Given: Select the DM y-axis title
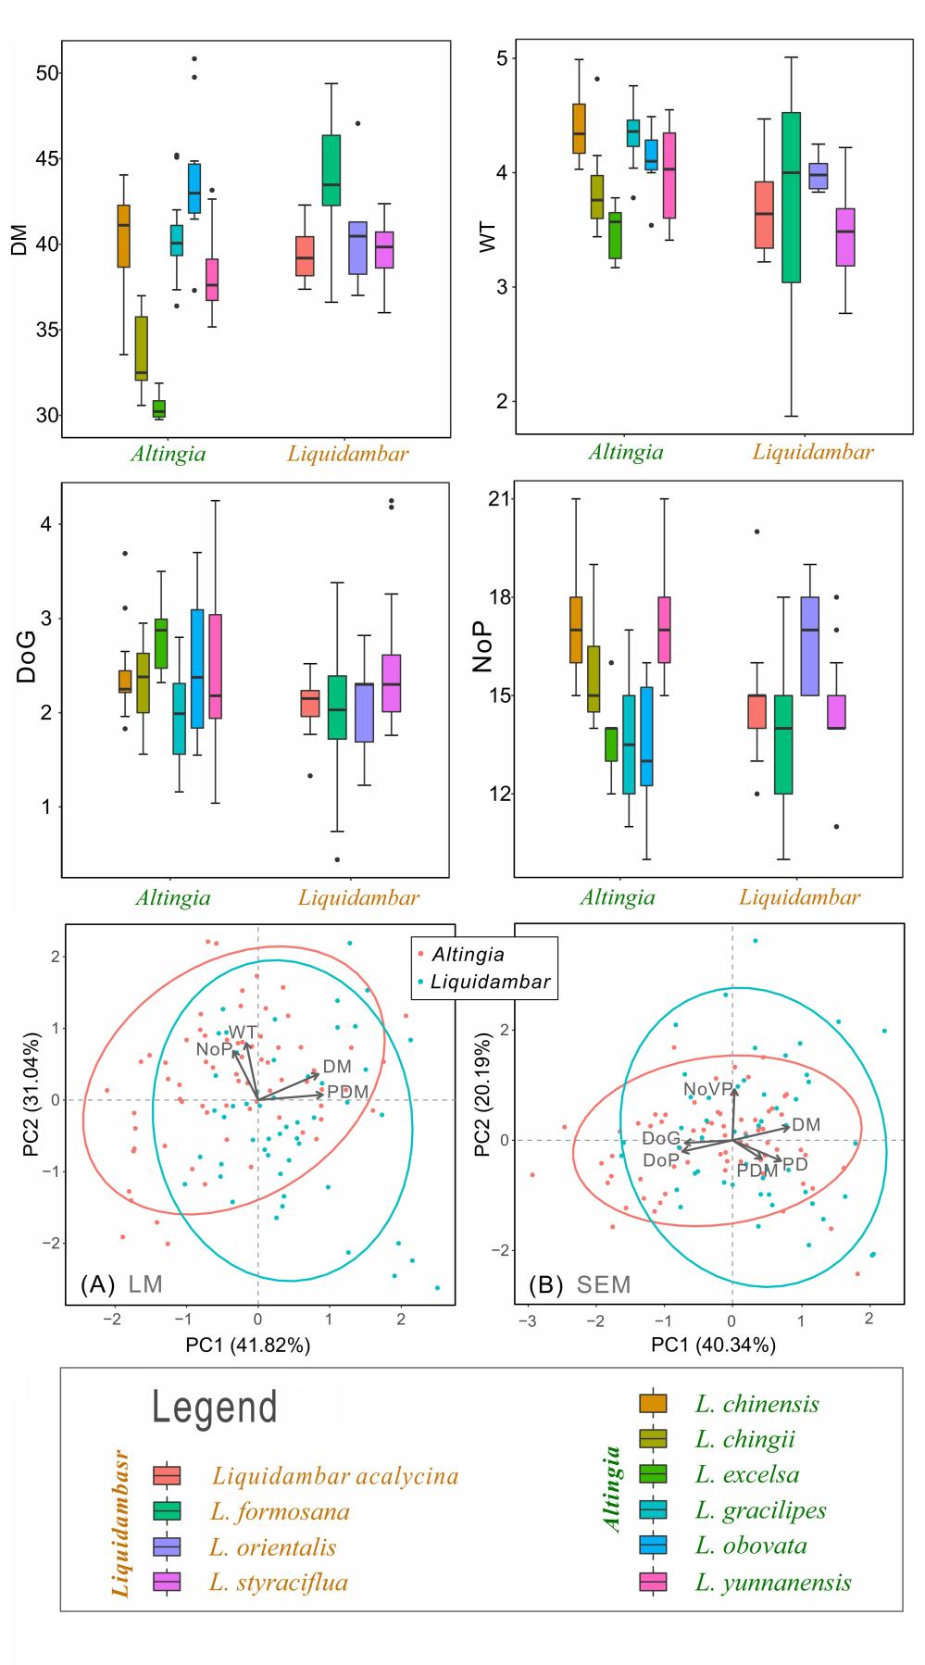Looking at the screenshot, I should [19, 244].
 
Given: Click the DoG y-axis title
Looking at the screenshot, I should [26, 664].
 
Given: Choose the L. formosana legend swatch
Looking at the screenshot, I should [167, 1510].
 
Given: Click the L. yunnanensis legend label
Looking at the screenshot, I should [773, 1582].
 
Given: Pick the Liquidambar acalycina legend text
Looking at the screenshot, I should [335, 1475].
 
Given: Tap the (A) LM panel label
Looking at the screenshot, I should [121, 1284].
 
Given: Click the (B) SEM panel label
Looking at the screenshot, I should [579, 1285].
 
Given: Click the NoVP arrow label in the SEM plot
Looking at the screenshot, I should [707, 1090].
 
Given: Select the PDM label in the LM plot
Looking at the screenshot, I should [347, 1093].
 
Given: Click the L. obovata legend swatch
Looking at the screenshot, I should [656, 1546].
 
